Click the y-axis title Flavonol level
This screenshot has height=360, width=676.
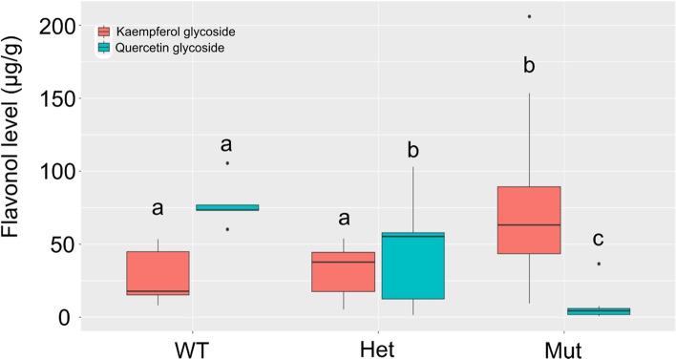(x=18, y=173)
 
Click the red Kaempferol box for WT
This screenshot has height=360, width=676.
(x=158, y=273)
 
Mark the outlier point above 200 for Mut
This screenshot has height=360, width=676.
(x=529, y=16)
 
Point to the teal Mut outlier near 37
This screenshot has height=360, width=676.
(x=599, y=264)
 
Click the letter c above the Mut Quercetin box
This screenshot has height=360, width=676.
(x=599, y=239)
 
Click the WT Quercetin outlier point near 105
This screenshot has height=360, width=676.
(x=227, y=163)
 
